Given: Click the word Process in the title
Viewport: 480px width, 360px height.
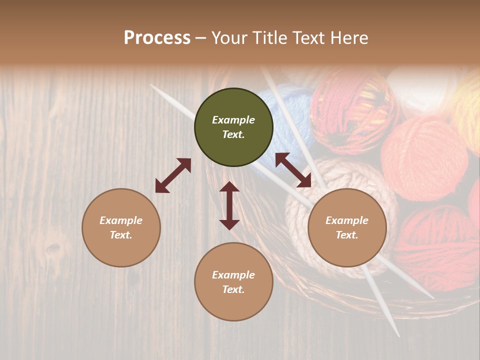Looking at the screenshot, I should coord(157,38).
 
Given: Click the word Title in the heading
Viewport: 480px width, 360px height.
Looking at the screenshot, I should coord(270,38).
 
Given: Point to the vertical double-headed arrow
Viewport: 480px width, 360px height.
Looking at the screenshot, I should coord(229,205).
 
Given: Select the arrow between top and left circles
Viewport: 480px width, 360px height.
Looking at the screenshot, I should coord(173,175).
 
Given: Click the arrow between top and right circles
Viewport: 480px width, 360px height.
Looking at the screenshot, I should coord(293,170).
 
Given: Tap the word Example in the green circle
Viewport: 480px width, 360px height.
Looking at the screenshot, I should coord(233,120).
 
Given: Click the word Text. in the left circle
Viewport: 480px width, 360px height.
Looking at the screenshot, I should coord(121,235).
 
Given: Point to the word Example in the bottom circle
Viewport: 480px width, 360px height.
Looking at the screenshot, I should coord(233,275).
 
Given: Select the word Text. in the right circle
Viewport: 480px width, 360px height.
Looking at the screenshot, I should coord(347,235).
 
